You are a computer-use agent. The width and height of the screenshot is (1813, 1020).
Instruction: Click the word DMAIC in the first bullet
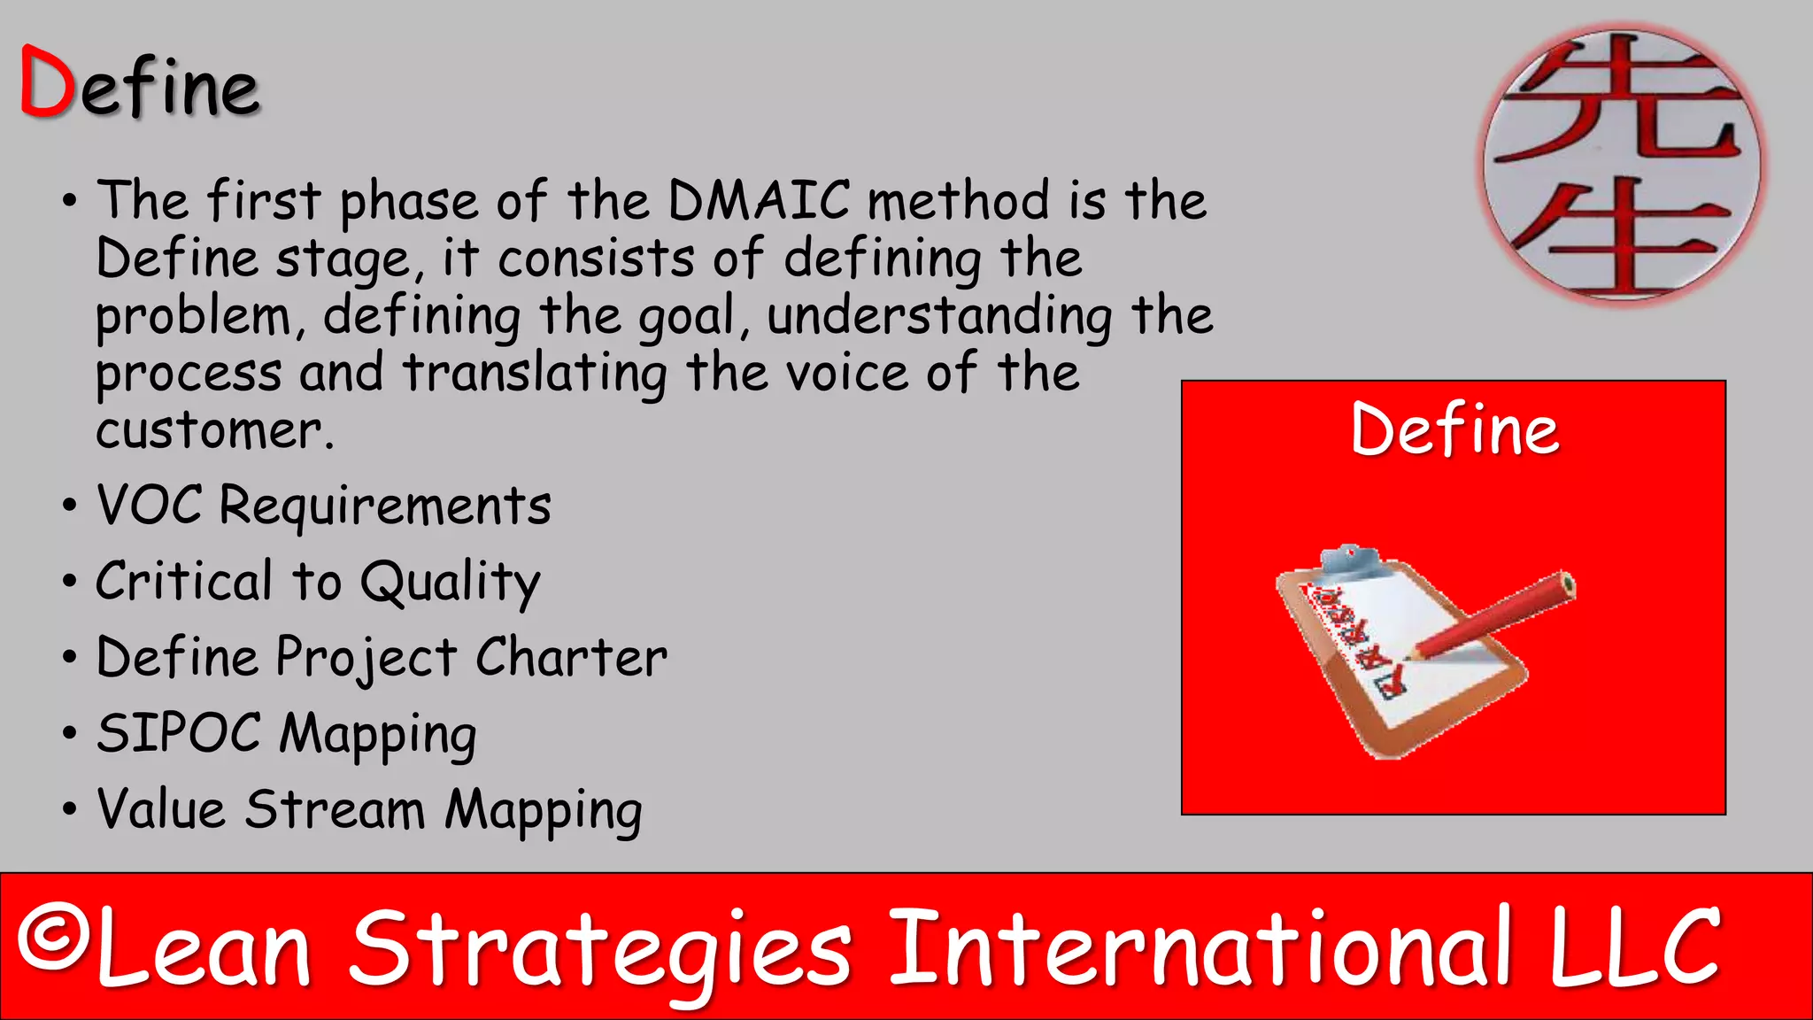pos(759,200)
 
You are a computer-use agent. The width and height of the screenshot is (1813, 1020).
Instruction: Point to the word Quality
pos(450,583)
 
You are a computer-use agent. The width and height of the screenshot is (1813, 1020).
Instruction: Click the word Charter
pos(571,658)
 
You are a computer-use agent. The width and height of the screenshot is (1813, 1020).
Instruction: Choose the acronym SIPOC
pos(179,733)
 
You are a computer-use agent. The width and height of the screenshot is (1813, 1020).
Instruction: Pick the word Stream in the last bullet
pos(335,809)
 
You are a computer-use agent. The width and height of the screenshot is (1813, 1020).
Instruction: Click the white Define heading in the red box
pos(1454,430)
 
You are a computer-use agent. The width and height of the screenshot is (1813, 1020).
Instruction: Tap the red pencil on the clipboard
pos(1496,625)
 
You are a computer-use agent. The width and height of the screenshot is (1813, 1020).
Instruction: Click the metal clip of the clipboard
pos(1349,560)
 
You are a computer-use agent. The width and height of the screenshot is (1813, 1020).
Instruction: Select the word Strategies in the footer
pos(600,949)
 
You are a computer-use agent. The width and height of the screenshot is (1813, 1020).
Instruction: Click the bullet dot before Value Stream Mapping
pos(70,809)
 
